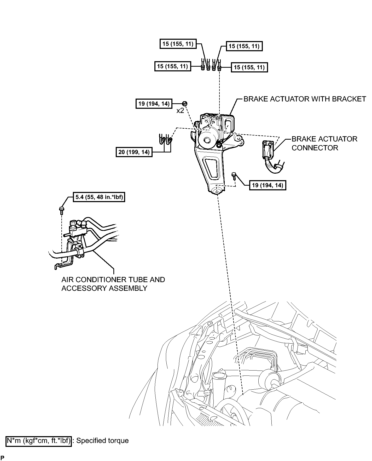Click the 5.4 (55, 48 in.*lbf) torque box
coord(99,197)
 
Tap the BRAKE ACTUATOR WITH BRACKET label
coord(305,99)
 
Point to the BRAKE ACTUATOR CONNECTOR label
coord(324,143)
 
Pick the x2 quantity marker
coord(180,111)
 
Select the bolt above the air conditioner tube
coord(62,210)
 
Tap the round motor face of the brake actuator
coord(208,140)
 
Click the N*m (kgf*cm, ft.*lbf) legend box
coord(39,441)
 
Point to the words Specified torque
coord(102,441)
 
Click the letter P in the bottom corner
coord(2,458)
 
